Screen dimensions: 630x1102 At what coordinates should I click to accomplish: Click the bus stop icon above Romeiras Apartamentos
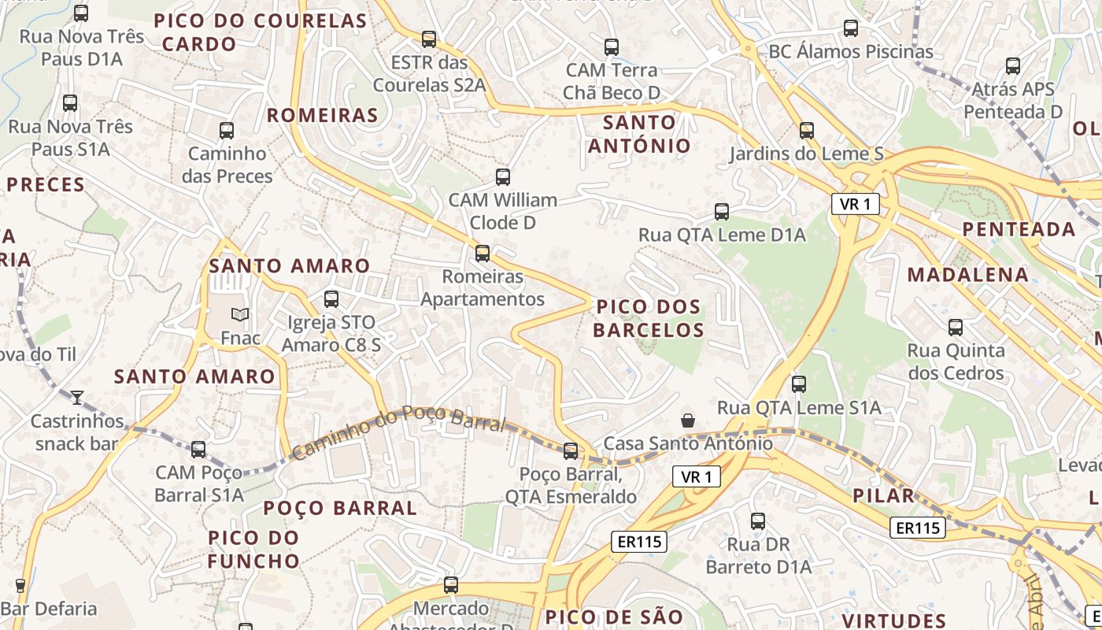click(483, 254)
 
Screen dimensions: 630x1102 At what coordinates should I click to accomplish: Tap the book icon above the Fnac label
click(240, 314)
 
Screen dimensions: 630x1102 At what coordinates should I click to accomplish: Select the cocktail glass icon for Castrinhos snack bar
click(77, 398)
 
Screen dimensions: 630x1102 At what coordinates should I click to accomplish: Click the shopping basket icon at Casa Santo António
click(688, 421)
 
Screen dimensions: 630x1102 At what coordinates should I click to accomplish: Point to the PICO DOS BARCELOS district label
click(649, 318)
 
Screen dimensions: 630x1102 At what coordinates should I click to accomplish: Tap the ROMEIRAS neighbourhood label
click(323, 116)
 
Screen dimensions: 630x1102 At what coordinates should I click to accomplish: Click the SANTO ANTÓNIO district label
click(639, 134)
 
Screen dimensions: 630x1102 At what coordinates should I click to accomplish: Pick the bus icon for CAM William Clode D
click(503, 177)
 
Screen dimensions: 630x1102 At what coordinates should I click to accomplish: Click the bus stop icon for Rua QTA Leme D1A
click(722, 212)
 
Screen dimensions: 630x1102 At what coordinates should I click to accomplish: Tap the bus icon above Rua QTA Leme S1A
click(799, 384)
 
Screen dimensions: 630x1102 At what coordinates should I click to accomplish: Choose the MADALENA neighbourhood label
click(968, 275)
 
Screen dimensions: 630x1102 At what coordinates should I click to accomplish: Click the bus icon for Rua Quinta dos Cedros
click(956, 328)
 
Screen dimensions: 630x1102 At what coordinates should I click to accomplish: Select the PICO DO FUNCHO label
click(253, 550)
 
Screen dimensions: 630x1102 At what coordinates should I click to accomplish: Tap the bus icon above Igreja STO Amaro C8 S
click(331, 299)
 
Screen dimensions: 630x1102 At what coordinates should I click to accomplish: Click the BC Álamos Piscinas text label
click(851, 52)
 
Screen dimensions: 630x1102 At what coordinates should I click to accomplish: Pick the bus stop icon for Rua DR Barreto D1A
click(758, 521)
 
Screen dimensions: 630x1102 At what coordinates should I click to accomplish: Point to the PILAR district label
click(884, 495)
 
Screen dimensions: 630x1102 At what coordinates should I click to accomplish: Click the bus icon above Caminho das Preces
click(227, 131)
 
